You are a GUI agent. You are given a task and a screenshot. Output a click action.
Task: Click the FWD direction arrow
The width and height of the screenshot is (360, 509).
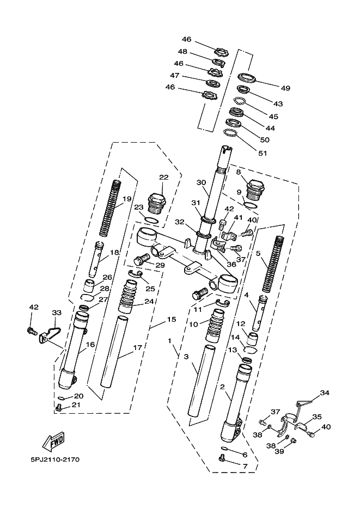pos(55,442)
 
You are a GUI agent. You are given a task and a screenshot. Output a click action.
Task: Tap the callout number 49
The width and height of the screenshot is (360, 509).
pos(285,89)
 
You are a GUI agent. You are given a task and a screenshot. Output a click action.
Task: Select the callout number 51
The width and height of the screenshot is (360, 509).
pos(263,153)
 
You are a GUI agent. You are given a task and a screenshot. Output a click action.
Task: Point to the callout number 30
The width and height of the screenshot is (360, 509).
pos(201,182)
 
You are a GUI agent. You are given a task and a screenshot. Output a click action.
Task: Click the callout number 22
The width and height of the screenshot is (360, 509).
pos(163,177)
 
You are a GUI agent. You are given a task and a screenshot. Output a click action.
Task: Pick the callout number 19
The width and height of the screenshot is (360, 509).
pos(127,199)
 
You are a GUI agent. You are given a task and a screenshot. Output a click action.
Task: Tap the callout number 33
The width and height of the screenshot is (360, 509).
pos(57,313)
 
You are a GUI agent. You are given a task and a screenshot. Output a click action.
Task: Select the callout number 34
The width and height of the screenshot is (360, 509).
pos(325,393)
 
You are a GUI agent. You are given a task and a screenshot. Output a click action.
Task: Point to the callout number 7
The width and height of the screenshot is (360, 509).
pos(245,467)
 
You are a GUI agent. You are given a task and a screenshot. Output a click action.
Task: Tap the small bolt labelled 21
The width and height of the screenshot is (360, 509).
pos(59,406)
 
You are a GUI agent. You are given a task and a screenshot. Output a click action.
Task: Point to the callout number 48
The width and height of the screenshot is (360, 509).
pos(183,52)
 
